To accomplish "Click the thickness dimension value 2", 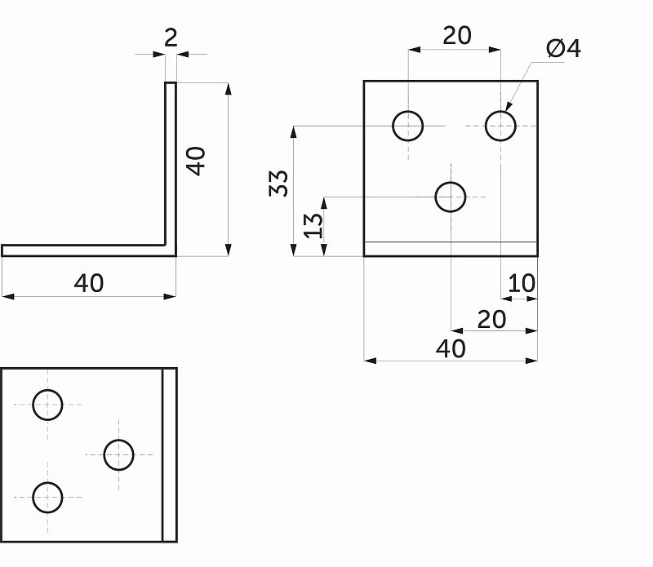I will [171, 38].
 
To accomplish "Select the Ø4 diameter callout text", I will [563, 49].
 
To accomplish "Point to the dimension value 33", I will [279, 183].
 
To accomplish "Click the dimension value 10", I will [522, 283].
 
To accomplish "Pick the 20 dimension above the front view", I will [457, 35].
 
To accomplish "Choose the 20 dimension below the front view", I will [491, 319].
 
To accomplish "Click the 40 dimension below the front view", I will [451, 348].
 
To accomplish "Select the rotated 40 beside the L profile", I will [196, 160].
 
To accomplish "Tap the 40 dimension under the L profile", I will [89, 283].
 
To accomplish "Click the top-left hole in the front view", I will [408, 126].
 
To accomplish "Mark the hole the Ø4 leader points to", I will [500, 126].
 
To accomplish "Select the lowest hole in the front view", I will [451, 197].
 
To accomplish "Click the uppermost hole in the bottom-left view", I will [48, 404].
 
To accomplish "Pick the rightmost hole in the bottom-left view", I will [119, 454].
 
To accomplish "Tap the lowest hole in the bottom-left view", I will [48, 496].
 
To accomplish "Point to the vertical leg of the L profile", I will [171, 163].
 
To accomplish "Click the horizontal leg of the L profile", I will [82, 250].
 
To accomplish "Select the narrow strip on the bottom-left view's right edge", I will [170, 454].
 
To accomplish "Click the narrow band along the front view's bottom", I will [451, 249].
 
